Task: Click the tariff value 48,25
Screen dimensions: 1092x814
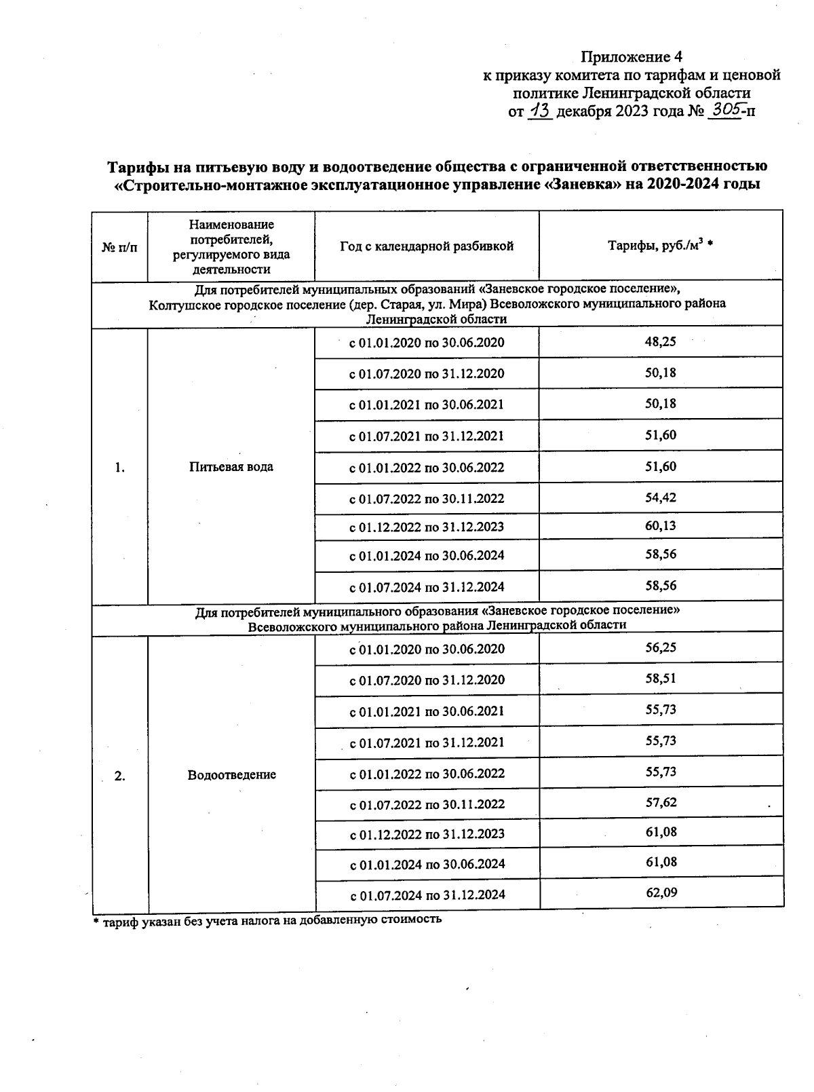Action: [660, 342]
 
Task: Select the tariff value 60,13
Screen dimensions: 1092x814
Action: [660, 526]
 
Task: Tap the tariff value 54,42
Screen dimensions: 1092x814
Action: [660, 497]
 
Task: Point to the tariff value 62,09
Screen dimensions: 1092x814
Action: [661, 892]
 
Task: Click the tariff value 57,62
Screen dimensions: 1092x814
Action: [661, 802]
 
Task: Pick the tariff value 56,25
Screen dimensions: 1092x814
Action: [661, 647]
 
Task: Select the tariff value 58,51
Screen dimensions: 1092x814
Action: [661, 679]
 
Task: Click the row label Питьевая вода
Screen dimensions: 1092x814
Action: [231, 467]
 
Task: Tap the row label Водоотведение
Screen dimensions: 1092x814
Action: [231, 775]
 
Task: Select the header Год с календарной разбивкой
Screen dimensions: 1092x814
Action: [427, 246]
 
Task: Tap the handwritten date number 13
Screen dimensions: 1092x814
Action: [541, 111]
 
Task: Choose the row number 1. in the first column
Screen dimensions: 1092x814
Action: [119, 468]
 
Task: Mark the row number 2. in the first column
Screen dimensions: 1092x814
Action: [119, 776]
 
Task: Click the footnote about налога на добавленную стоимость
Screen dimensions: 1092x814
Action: [267, 920]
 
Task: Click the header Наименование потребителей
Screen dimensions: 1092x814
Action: [231, 231]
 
